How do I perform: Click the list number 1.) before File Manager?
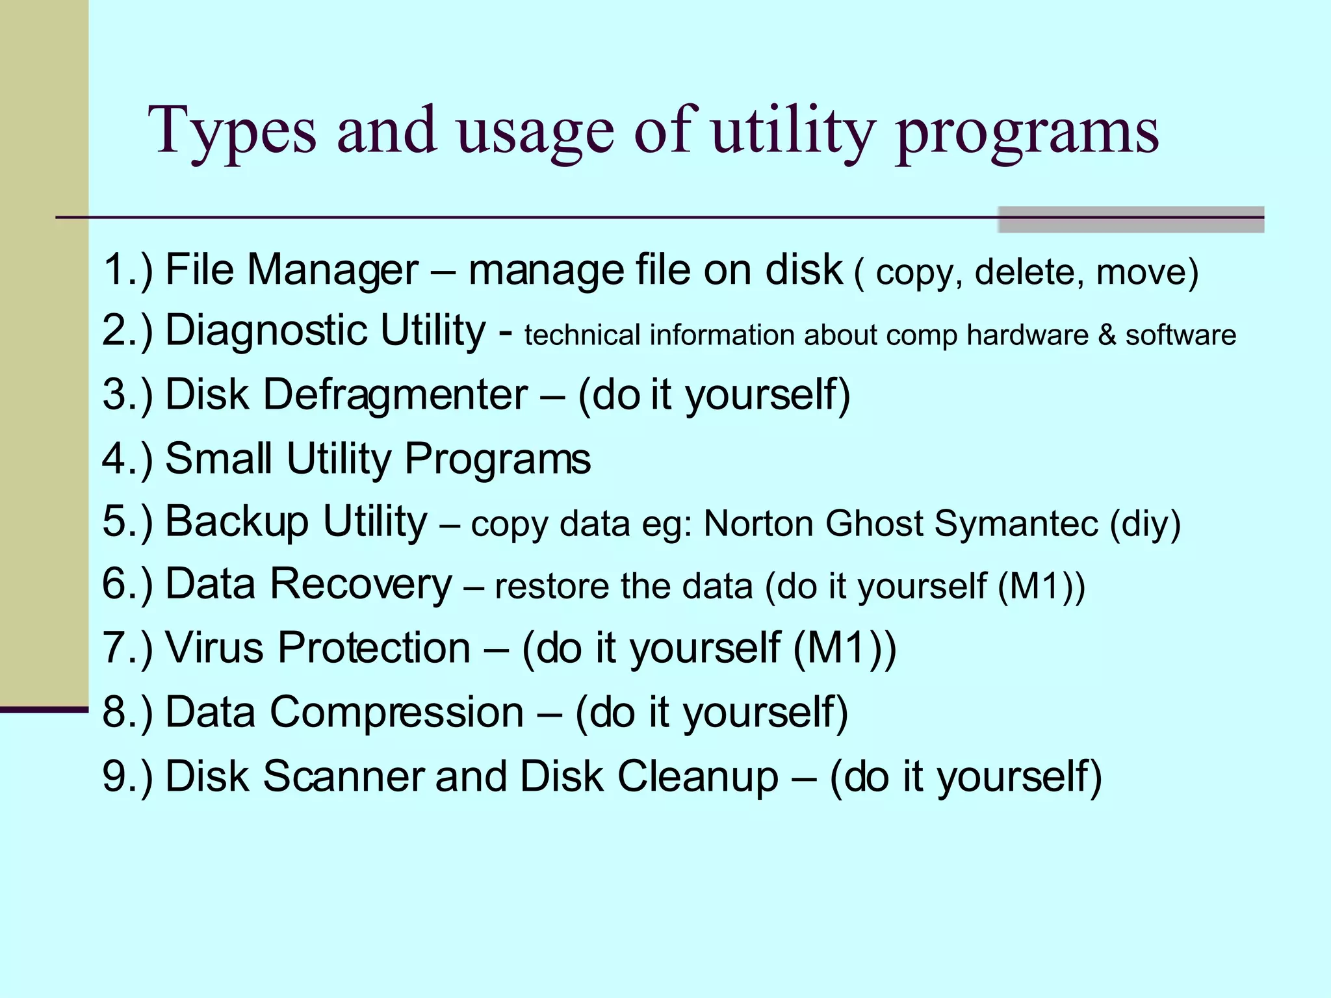click(127, 270)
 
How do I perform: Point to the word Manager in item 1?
click(333, 270)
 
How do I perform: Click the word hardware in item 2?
click(1027, 335)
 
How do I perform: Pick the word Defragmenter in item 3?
click(395, 394)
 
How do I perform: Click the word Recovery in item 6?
click(361, 584)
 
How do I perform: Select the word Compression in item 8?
click(396, 712)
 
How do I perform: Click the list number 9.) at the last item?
click(127, 776)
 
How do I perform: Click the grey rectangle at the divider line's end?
click(1130, 220)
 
